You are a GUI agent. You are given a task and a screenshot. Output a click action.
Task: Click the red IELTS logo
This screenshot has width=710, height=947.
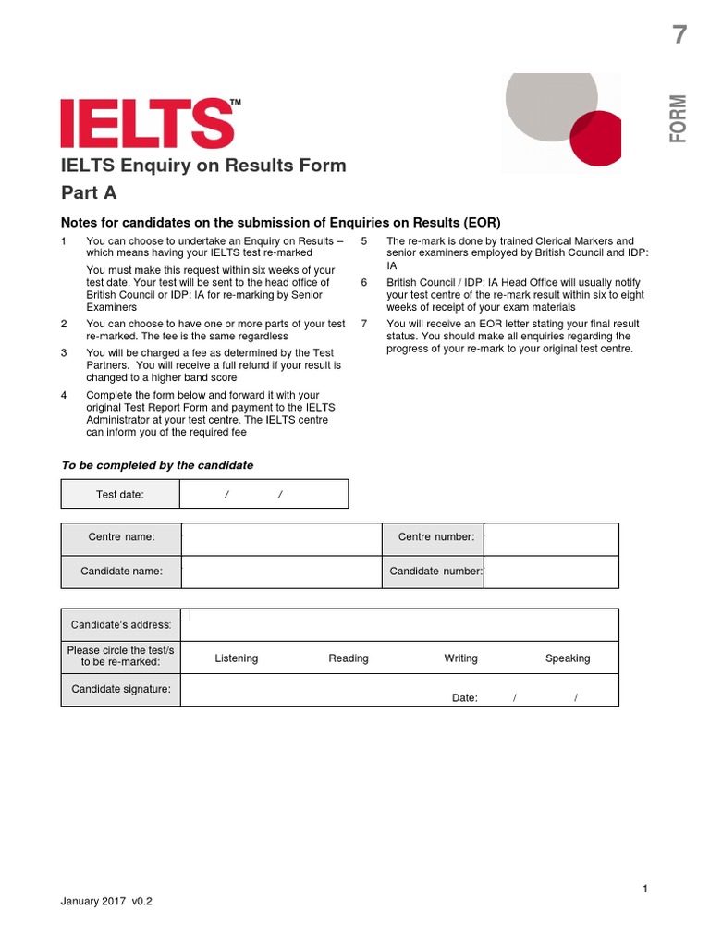point(147,124)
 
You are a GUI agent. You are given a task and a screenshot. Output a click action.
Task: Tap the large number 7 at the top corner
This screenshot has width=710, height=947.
point(679,36)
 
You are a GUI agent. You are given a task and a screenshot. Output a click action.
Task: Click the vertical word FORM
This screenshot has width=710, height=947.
point(679,118)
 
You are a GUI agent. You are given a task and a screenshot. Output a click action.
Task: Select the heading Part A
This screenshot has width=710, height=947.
point(89,193)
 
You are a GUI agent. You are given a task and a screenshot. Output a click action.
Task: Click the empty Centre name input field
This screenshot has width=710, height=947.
point(281,538)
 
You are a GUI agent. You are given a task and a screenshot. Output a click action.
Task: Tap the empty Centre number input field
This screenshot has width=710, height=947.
point(552,538)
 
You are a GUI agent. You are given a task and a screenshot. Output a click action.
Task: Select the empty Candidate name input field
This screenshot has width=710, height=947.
point(281,572)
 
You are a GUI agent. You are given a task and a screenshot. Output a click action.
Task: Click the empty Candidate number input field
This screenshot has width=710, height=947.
point(552,572)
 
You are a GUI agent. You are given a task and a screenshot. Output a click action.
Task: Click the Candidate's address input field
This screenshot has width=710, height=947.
point(399,624)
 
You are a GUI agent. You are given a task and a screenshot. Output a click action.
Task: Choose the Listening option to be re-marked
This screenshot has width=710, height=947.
point(237,658)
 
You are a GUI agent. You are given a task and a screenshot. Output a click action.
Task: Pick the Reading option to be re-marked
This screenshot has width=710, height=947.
point(349,658)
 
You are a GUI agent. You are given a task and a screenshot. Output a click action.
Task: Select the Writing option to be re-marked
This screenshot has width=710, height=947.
point(460,658)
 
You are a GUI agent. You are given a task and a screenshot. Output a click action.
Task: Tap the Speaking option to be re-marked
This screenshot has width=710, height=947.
point(568,658)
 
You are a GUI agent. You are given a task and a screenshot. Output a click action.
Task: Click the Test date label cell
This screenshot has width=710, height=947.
point(120,495)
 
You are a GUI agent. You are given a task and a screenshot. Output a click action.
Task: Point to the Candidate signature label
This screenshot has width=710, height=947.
point(121,690)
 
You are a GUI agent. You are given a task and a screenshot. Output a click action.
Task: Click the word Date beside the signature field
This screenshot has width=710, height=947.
point(464,698)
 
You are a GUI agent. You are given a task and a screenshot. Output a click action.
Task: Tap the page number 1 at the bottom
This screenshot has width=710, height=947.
point(645,890)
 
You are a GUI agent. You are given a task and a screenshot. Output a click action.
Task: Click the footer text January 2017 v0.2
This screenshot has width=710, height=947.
point(106,901)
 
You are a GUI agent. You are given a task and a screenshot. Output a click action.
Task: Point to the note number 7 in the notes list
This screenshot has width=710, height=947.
point(364,324)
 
